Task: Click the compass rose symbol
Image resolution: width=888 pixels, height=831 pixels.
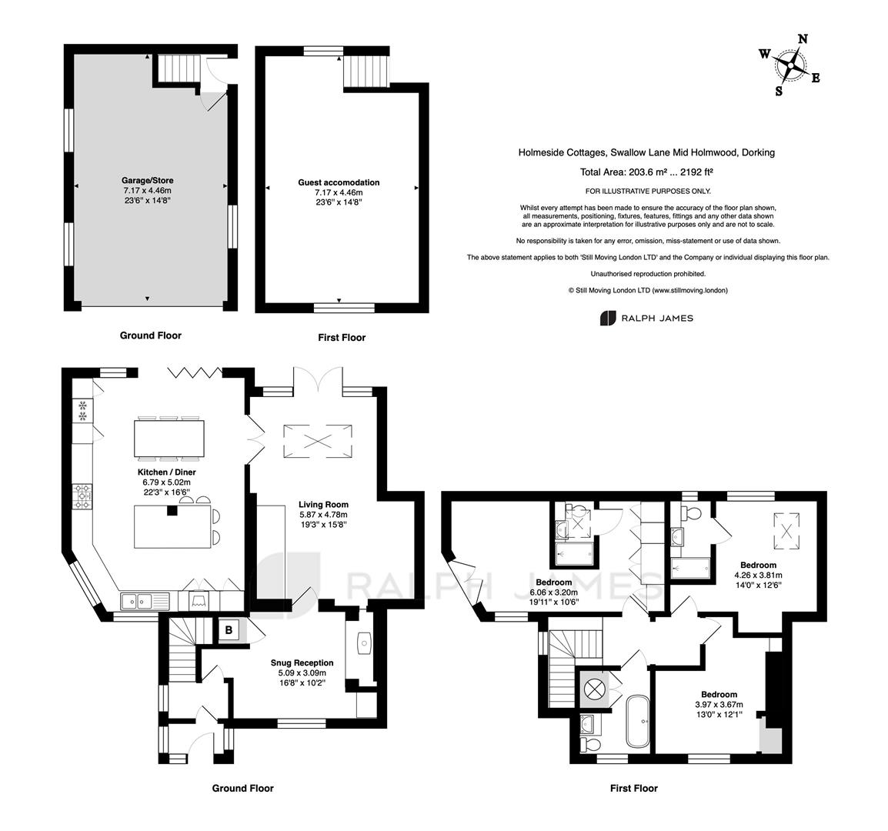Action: [x=790, y=65]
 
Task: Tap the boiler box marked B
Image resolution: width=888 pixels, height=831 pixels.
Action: [x=229, y=629]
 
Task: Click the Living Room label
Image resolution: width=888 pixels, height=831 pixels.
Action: [x=324, y=504]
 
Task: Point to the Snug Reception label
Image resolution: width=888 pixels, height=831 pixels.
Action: [x=302, y=662]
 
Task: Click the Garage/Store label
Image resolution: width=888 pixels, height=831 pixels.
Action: [x=147, y=181]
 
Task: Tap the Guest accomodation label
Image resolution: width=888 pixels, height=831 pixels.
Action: [x=339, y=182]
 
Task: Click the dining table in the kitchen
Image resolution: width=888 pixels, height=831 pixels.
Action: [x=169, y=438]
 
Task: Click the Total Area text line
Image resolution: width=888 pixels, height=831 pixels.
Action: [x=646, y=172]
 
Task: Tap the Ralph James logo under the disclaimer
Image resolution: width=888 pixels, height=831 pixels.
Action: [x=646, y=318]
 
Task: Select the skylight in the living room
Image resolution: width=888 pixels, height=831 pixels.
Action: [x=317, y=441]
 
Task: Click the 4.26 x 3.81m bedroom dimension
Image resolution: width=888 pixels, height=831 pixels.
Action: [x=758, y=575]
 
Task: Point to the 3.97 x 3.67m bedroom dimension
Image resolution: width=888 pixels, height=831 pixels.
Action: [x=719, y=705]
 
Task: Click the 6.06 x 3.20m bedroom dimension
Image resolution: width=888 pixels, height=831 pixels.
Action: [x=554, y=592]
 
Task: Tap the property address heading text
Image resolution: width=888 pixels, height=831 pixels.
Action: [x=646, y=152]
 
